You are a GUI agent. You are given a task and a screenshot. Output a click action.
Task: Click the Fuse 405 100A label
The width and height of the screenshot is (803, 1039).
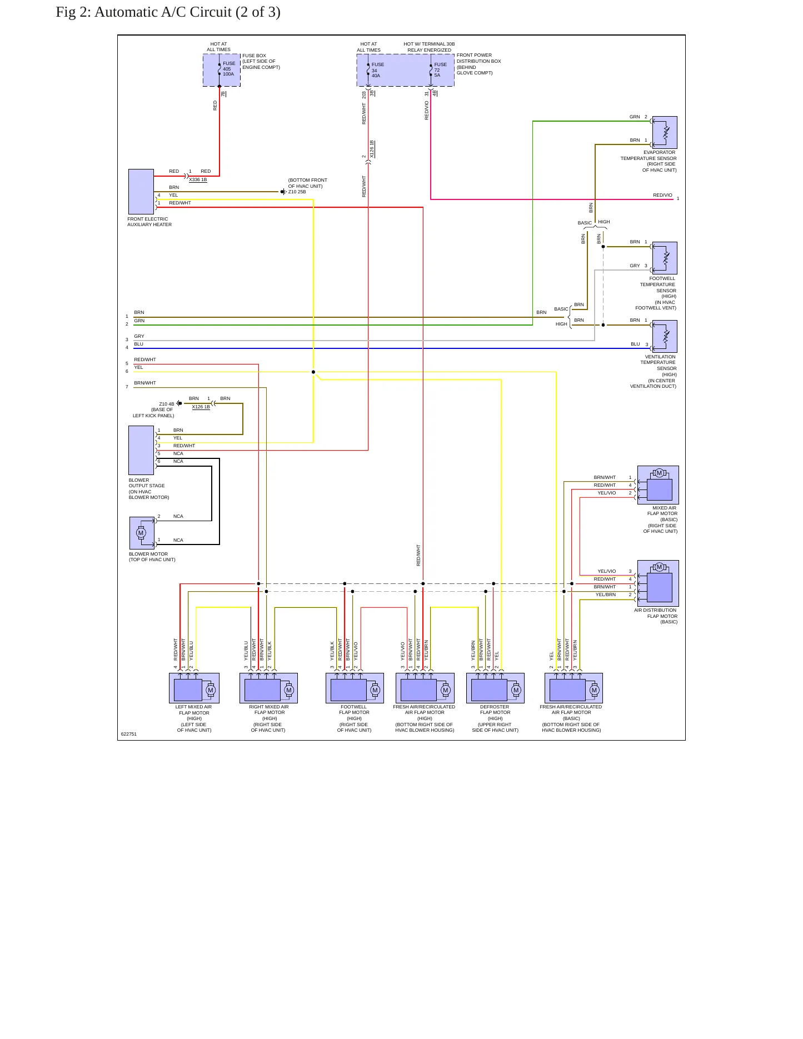tap(228, 68)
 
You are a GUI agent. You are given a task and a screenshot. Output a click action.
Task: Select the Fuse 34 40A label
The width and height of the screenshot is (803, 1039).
tap(377, 70)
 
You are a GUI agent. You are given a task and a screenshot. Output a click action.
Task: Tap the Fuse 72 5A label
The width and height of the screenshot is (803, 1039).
tap(440, 70)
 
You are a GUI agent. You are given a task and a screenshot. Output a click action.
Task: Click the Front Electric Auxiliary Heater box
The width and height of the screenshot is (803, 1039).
tap(141, 192)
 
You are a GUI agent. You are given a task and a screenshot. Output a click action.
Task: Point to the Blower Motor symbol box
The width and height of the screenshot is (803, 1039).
tap(142, 533)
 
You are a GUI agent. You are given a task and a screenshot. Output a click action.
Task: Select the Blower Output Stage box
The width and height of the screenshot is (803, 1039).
tap(141, 450)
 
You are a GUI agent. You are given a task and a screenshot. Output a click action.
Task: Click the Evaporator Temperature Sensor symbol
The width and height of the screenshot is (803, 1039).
tap(665, 132)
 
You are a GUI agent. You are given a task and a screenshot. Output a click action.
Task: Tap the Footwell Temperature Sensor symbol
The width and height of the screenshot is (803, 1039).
tap(665, 258)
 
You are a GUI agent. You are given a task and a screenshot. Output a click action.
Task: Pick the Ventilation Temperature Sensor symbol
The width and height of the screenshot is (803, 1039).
tap(665, 336)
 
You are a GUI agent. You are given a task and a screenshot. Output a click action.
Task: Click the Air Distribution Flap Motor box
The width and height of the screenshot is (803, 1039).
tap(658, 583)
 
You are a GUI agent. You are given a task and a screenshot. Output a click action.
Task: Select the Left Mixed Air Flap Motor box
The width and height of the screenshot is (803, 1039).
tap(194, 688)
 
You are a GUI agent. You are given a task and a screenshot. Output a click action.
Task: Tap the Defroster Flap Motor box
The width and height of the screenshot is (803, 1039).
tap(495, 688)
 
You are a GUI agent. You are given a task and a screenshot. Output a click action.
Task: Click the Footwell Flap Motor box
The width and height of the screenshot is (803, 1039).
tap(355, 688)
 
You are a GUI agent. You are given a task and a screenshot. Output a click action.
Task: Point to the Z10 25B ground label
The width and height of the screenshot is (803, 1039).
tap(297, 192)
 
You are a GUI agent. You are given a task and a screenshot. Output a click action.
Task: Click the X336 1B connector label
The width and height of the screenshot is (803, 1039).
tap(198, 180)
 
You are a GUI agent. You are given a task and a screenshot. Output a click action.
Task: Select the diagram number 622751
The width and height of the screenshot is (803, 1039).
tap(129, 734)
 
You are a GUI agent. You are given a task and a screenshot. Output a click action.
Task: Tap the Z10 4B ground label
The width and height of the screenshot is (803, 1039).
tap(167, 404)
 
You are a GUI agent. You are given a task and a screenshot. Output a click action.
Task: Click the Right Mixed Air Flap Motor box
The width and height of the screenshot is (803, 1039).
tap(269, 688)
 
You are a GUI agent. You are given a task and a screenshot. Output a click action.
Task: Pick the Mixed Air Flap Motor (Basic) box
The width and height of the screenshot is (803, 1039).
tap(658, 485)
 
